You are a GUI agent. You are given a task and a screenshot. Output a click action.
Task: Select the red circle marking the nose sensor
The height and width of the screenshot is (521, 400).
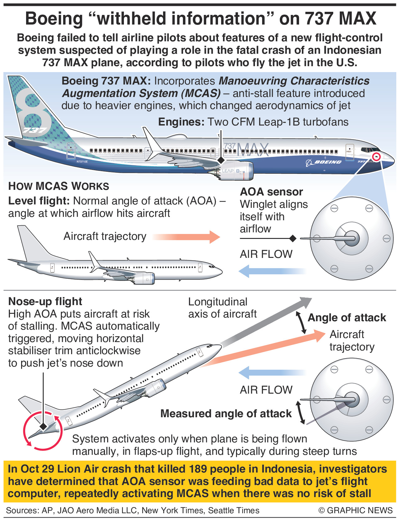tap(376, 157)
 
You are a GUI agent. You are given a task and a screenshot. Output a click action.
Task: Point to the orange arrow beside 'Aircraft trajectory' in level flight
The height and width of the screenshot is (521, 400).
tap(187, 237)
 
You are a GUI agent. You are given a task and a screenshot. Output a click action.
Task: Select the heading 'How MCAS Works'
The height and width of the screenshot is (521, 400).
tap(59, 186)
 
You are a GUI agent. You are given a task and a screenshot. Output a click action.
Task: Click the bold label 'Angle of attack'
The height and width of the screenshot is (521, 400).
tap(347, 318)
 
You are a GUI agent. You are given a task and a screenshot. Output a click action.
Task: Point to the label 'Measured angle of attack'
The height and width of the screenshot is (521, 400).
tap(226, 414)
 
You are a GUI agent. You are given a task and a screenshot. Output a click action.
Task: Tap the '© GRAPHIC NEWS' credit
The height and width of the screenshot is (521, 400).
tap(355, 510)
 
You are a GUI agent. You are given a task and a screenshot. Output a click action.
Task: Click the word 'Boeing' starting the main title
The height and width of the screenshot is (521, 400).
tap(54, 19)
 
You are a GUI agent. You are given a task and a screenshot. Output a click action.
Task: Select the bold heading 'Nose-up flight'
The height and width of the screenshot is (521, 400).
tap(45, 301)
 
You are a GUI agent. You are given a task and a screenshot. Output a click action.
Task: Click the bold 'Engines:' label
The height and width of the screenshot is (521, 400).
tap(181, 122)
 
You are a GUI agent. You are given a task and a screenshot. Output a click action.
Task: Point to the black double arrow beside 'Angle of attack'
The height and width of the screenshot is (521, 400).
tap(301, 322)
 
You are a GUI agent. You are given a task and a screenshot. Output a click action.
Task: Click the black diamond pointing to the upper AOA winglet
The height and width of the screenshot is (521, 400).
tap(293, 238)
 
